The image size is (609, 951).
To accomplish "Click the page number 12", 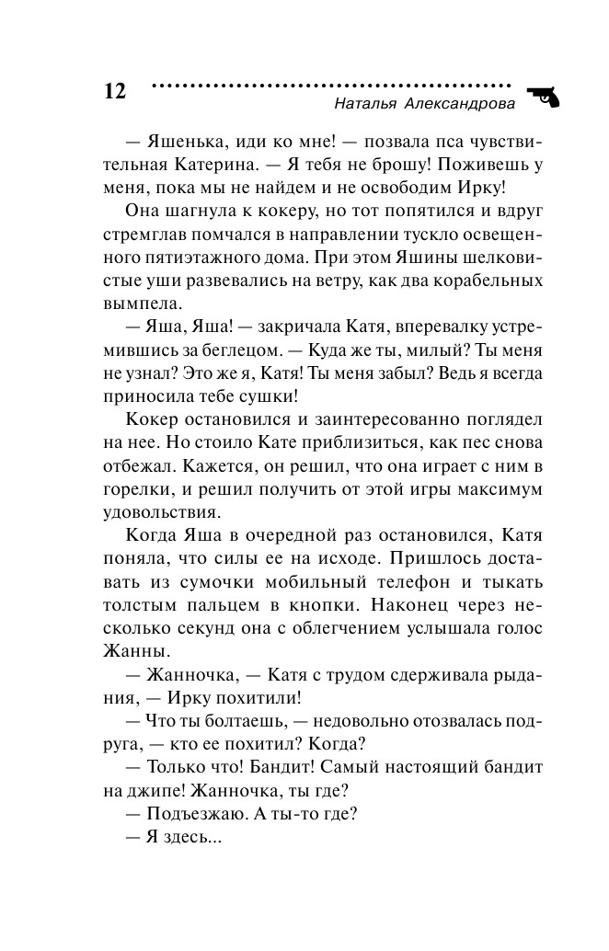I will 114,91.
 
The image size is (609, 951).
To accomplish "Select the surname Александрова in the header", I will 461,104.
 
